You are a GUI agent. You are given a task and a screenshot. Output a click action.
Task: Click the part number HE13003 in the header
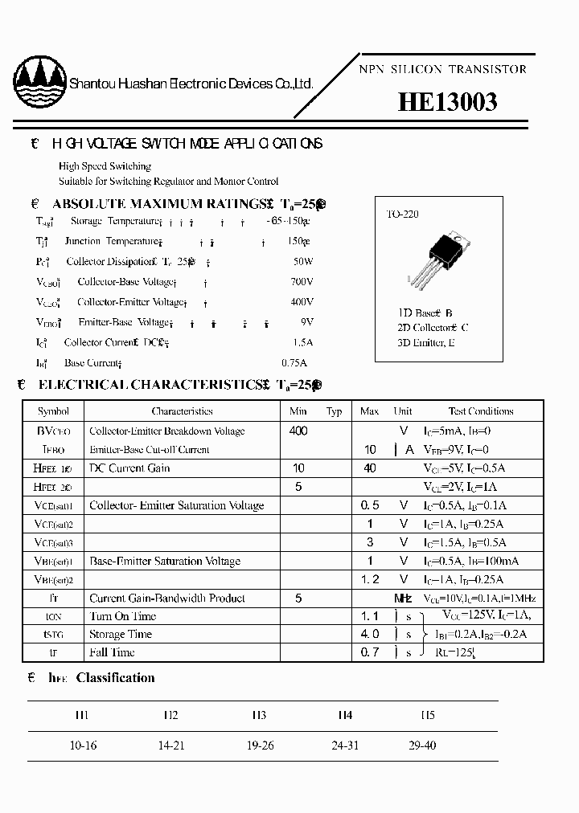[448, 102]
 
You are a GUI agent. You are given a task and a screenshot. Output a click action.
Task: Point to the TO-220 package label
[402, 214]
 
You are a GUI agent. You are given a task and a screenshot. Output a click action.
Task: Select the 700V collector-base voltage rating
[302, 282]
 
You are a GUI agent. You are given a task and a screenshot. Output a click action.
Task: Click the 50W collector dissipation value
[303, 262]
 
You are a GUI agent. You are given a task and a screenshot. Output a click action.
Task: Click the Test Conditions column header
[481, 411]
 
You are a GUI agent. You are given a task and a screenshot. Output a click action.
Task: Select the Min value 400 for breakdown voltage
[298, 431]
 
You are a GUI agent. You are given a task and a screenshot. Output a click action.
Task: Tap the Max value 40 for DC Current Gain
[369, 468]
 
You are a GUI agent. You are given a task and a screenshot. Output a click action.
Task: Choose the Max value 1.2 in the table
[369, 579]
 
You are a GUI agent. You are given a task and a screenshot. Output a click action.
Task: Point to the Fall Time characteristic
[112, 652]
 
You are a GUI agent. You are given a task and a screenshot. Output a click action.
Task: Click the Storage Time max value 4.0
[369, 635]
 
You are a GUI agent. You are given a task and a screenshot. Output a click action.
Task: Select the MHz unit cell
[403, 599]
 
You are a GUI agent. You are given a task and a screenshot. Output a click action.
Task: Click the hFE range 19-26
[261, 746]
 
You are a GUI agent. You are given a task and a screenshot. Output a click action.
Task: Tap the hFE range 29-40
[422, 746]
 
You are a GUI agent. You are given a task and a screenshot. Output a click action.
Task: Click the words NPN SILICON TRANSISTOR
[441, 69]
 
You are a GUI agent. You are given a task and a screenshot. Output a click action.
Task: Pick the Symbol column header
[54, 411]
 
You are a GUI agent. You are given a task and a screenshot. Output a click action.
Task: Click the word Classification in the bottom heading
[115, 678]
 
